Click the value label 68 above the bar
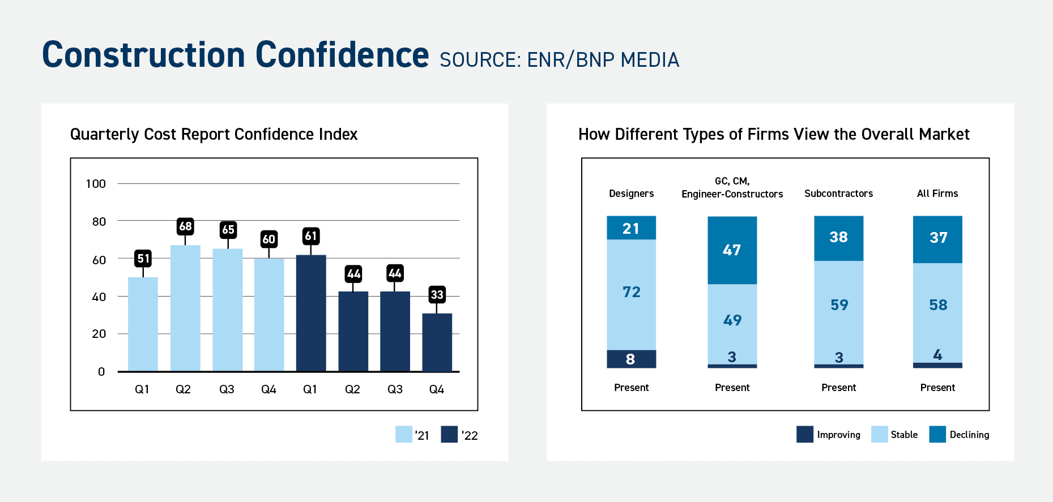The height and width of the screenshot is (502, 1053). [185, 226]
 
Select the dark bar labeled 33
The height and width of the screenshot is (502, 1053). [437, 342]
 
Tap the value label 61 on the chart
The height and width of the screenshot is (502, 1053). [310, 236]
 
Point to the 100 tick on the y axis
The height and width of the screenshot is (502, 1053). [96, 183]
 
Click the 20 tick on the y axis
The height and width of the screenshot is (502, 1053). [99, 334]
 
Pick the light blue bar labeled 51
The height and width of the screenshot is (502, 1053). [143, 324]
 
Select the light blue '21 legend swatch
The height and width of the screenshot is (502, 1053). [403, 434]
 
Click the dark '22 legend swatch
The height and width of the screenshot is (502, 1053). [449, 434]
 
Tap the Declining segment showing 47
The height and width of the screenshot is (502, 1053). [732, 250]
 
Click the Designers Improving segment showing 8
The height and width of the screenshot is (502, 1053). [631, 359]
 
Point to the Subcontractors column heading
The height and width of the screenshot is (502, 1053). [838, 194]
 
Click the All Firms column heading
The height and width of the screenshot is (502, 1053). [937, 194]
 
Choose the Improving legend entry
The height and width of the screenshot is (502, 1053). [828, 434]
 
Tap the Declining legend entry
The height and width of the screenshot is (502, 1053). [959, 434]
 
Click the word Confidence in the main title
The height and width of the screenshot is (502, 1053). [342, 55]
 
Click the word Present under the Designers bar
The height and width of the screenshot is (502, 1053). [631, 388]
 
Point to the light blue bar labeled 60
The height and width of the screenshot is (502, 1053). [268, 315]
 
